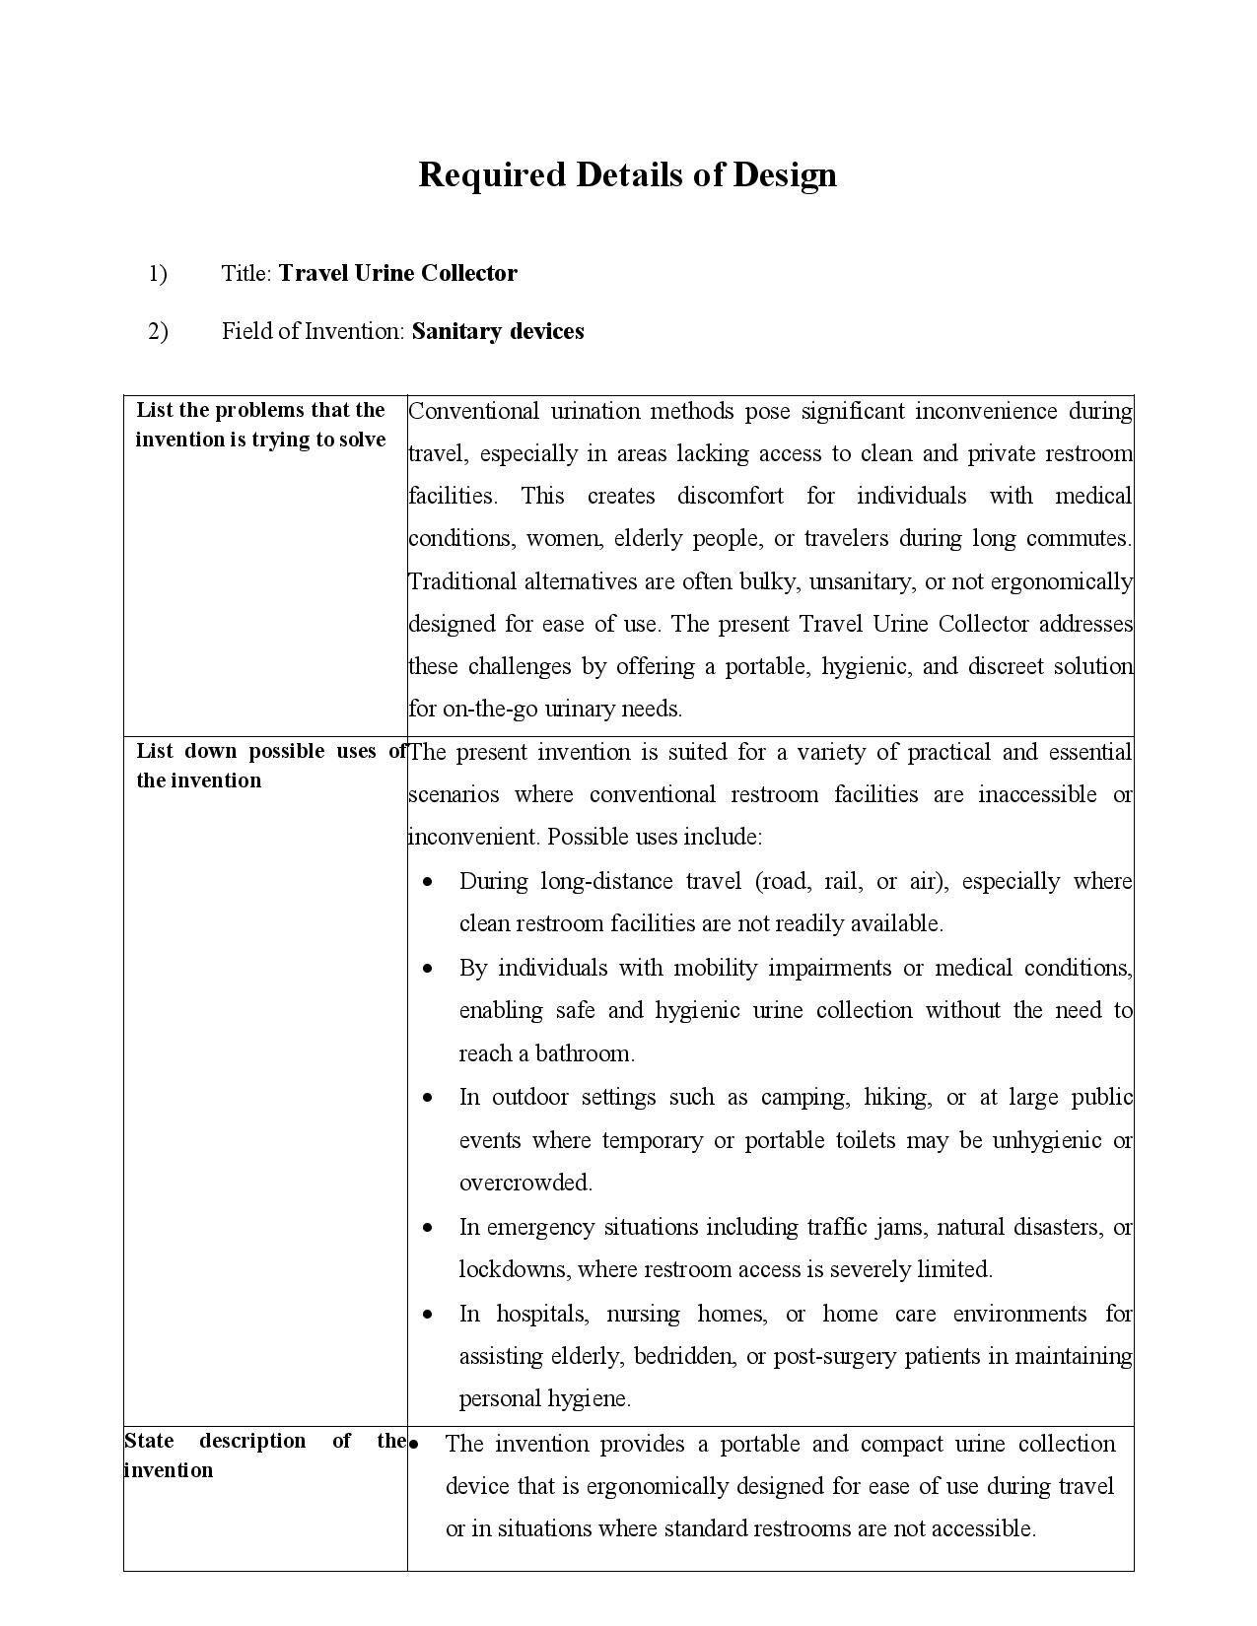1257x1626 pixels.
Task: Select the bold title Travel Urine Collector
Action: [397, 273]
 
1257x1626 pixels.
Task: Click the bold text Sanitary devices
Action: [498, 331]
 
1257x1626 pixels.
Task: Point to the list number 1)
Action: [158, 273]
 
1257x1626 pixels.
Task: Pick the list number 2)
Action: [158, 331]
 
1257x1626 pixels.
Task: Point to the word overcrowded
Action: [525, 1182]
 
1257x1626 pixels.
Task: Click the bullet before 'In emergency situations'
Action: [428, 1228]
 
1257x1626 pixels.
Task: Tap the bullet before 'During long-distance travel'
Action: [428, 882]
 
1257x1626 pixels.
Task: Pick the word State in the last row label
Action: [149, 1441]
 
